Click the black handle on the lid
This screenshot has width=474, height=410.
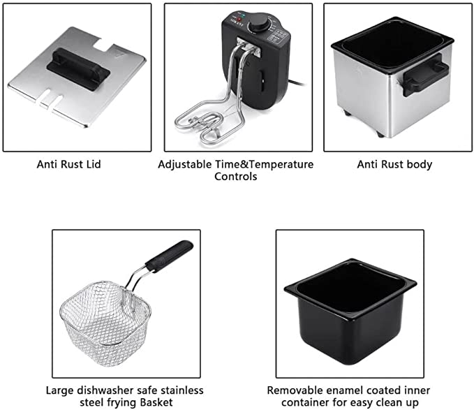78,69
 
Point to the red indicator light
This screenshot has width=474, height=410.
239,20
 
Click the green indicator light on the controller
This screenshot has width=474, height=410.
244,15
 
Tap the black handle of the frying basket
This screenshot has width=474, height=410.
169,256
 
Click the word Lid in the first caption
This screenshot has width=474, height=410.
93,164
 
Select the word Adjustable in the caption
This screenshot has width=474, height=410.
185,165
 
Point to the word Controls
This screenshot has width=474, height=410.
236,176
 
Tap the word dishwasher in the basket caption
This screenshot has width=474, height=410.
105,390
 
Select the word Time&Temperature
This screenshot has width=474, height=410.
264,165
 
